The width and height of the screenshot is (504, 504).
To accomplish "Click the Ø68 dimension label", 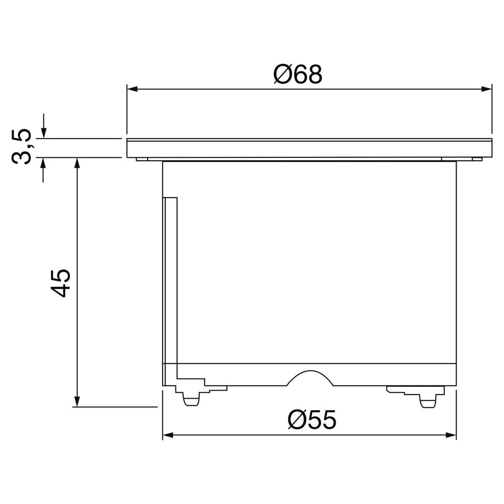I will (x=297, y=75).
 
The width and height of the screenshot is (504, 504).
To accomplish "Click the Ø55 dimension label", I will (x=312, y=419).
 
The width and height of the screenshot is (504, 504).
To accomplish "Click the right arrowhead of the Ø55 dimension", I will (x=452, y=434).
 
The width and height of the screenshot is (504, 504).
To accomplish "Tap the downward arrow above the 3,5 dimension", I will (x=43, y=133).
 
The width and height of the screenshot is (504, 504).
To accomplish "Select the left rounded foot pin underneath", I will (x=191, y=400).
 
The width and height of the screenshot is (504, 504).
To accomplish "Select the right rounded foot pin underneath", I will (x=427, y=401).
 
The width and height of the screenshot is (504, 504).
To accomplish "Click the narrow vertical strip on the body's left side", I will (x=170, y=280).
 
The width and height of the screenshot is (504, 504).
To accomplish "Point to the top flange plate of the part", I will (x=309, y=148).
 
